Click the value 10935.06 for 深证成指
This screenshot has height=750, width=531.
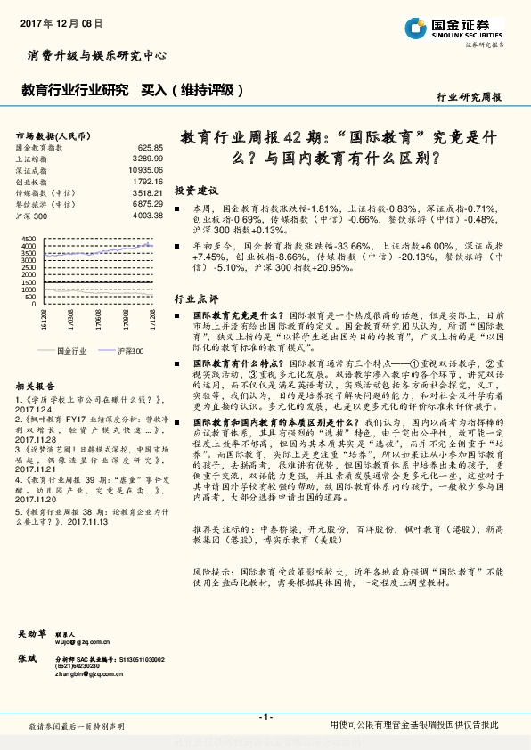pos(146,169)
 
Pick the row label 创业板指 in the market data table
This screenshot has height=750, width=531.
pos(32,181)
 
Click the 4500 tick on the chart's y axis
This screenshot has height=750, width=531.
pos(27,240)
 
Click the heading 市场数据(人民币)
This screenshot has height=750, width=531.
pos(53,135)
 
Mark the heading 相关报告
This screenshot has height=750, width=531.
pos(36,386)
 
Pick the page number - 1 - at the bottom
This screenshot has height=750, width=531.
pos(265,718)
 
